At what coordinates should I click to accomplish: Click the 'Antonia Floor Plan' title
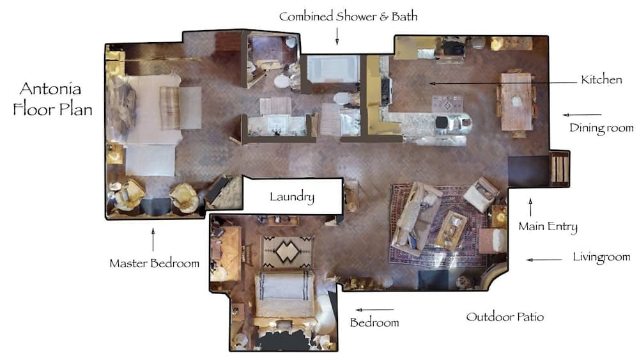tap(53, 98)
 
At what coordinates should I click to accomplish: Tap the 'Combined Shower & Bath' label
tap(348, 16)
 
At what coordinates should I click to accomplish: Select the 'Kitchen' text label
tap(601, 80)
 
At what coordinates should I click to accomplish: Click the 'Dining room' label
tap(601, 128)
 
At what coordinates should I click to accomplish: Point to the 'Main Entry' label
tap(548, 226)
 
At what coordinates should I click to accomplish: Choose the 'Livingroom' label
tap(601, 258)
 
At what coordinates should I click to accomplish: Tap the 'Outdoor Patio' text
tap(505, 317)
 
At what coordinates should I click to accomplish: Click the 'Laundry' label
tap(291, 196)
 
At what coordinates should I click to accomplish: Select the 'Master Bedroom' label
tap(154, 263)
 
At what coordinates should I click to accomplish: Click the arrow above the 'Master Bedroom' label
tap(153, 240)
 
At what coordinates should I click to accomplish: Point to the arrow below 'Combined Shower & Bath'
tap(337, 38)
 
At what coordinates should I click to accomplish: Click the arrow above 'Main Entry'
tap(530, 207)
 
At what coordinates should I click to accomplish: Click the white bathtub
tap(333, 69)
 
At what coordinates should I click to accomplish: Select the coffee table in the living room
tap(451, 228)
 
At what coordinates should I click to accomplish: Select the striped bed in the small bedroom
tap(284, 294)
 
